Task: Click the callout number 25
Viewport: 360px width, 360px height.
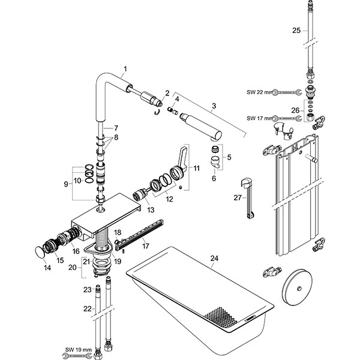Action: pyautogui.click(x=296, y=30)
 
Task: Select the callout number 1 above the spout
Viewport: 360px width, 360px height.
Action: pyautogui.click(x=126, y=70)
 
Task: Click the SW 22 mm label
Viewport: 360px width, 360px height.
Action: pyautogui.click(x=259, y=92)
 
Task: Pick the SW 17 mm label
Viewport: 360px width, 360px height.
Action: pyautogui.click(x=259, y=118)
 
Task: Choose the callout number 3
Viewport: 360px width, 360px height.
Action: pyautogui.click(x=214, y=106)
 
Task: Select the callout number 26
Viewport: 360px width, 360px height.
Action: pyautogui.click(x=296, y=110)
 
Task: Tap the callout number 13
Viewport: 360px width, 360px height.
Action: pyautogui.click(x=150, y=209)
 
